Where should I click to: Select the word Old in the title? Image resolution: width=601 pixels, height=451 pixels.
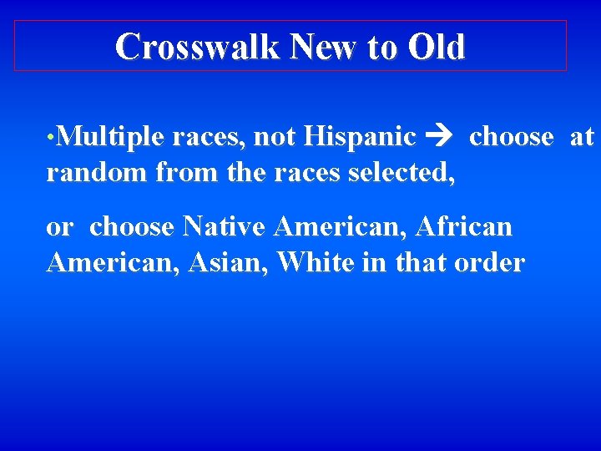(436, 47)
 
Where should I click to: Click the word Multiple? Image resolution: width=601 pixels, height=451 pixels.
(109, 136)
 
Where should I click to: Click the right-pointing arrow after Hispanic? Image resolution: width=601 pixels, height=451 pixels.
(437, 137)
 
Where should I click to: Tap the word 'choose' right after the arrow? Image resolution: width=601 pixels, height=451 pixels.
(511, 137)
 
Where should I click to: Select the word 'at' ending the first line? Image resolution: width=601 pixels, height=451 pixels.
(581, 137)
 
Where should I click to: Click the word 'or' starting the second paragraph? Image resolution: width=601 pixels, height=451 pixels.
(60, 227)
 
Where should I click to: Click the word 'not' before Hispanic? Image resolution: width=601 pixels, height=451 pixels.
(275, 136)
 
